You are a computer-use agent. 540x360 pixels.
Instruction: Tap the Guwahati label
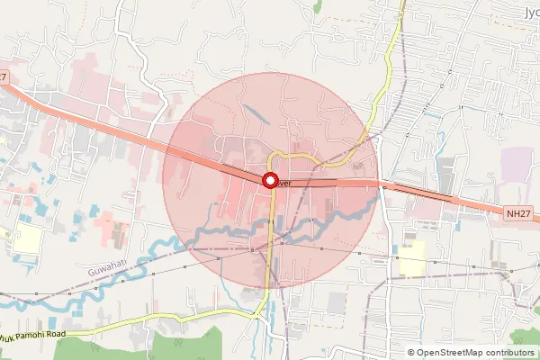point(108,270)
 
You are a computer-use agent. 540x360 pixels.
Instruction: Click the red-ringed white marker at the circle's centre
point(269,181)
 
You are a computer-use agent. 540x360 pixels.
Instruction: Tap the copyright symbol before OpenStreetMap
point(410,352)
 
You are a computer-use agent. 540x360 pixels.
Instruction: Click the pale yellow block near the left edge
point(27,239)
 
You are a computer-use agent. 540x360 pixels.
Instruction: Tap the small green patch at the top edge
point(317,5)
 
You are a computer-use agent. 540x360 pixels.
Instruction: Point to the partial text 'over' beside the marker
point(284,183)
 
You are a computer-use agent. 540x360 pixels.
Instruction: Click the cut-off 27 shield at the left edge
point(4,77)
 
